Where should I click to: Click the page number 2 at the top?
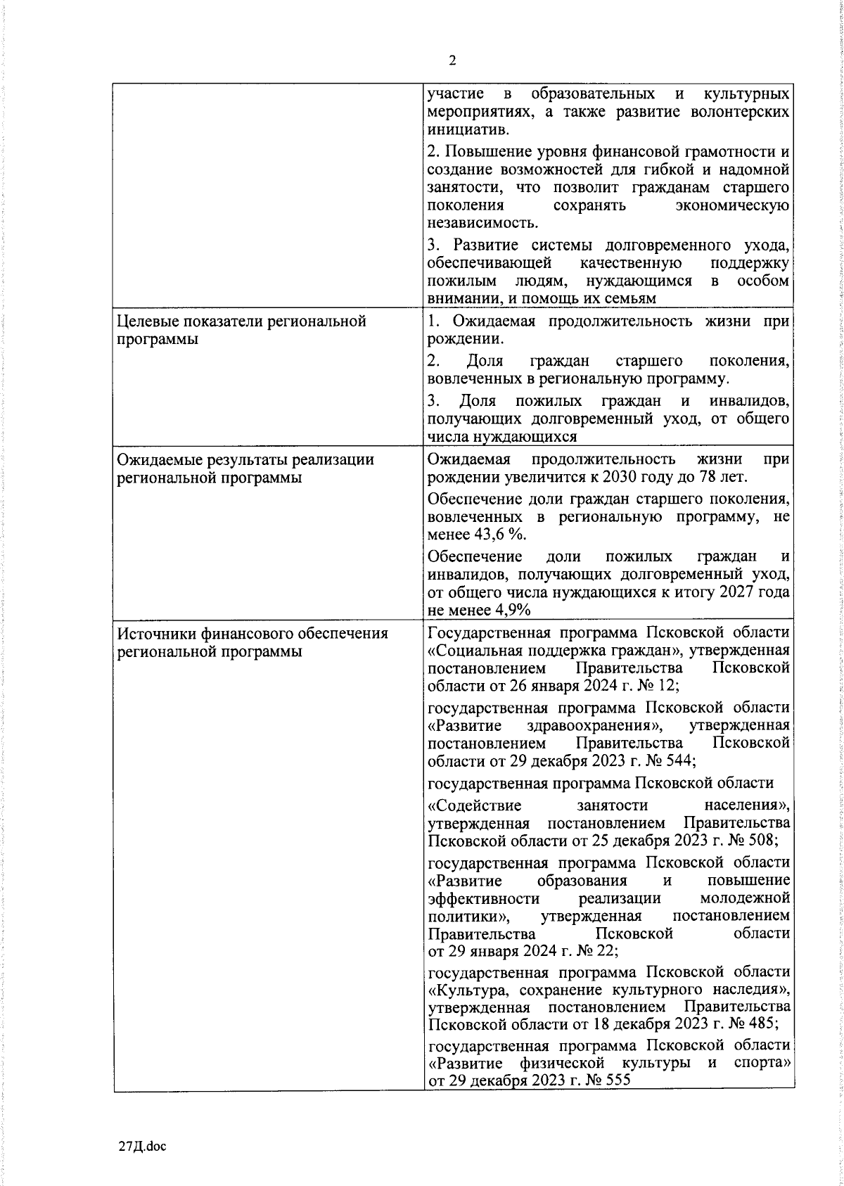pyautogui.click(x=452, y=61)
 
